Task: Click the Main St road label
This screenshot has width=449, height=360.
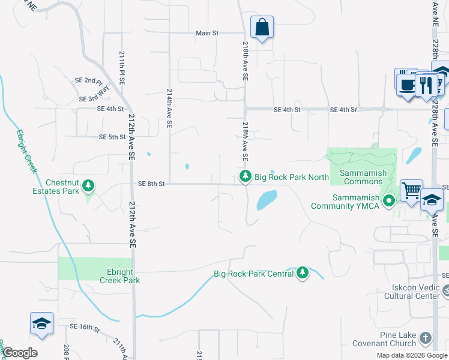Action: (207, 33)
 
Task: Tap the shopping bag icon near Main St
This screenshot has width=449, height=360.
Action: (262, 28)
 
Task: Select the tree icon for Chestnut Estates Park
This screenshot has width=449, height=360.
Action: (89, 185)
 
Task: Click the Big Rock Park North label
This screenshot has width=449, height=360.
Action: (292, 177)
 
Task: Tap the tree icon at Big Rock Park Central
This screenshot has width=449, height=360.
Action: (303, 273)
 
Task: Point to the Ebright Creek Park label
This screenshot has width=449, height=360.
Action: (120, 276)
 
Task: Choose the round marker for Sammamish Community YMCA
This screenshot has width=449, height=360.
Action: (389, 201)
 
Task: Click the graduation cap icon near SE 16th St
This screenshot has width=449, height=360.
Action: (42, 323)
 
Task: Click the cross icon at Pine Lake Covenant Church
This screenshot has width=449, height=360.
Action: (426, 338)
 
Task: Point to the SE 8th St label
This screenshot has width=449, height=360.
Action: (151, 184)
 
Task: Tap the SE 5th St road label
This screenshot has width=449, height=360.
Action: (112, 137)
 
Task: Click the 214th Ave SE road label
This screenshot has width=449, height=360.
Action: (170, 109)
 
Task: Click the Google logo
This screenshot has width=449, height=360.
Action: (20, 353)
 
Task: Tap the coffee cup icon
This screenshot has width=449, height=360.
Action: (407, 85)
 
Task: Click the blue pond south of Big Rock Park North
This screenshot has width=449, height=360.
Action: (267, 200)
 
